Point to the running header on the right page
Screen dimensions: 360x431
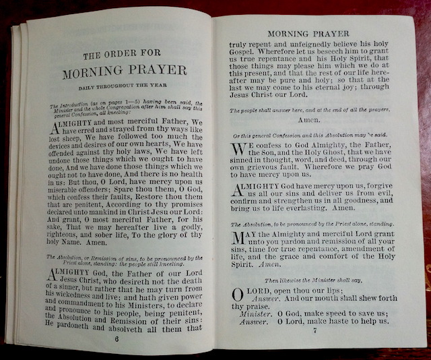(308, 33)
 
